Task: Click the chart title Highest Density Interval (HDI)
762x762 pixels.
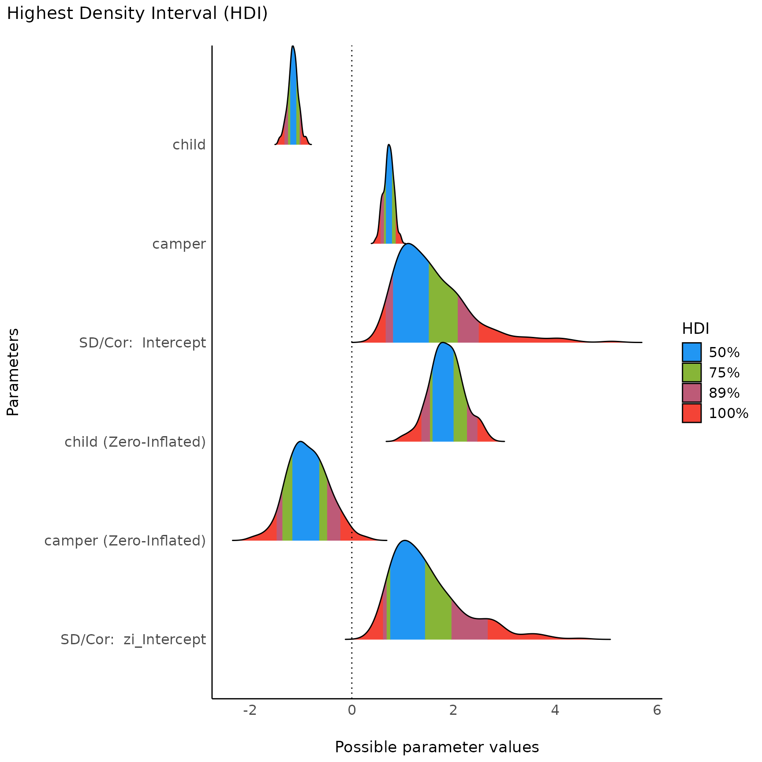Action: coord(137,14)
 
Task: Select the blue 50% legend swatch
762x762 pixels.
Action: coord(691,352)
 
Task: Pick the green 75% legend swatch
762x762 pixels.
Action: coord(691,373)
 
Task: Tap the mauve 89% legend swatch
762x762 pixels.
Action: coord(691,393)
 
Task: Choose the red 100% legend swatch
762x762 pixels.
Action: coord(691,413)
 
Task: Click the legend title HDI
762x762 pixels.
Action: coord(695,329)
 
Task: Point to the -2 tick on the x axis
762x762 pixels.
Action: coord(250,710)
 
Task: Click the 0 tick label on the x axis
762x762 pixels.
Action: coord(351,710)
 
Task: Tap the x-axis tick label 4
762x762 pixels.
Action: coord(555,710)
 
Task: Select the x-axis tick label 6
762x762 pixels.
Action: coord(657,710)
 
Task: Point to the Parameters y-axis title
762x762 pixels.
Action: coord(13,372)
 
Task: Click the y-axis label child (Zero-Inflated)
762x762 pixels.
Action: coord(135,442)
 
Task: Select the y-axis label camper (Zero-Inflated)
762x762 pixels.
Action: coord(125,541)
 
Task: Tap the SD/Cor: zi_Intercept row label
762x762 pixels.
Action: coord(133,639)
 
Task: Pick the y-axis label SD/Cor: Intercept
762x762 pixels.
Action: coord(142,343)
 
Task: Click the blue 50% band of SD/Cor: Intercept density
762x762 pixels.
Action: coord(411,300)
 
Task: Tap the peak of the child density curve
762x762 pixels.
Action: coord(293,47)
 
